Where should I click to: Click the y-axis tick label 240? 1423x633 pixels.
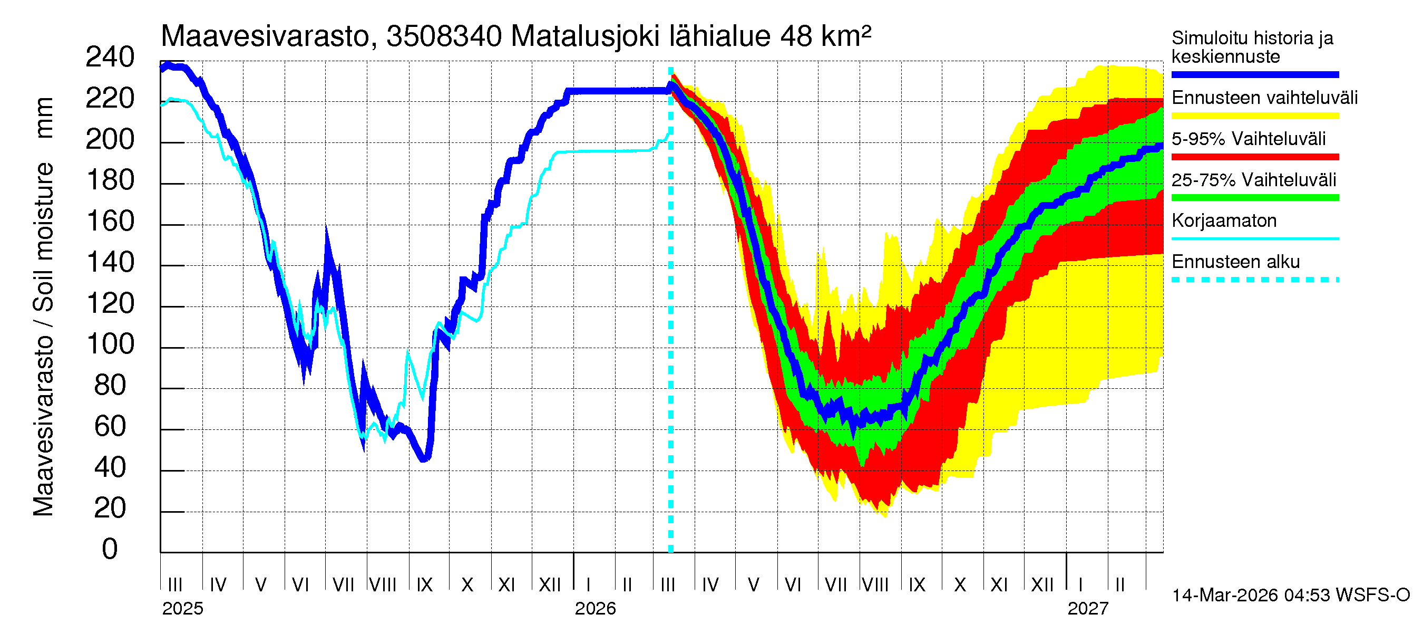point(110,57)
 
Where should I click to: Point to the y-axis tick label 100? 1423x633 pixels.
point(110,344)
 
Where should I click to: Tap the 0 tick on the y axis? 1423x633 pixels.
point(110,550)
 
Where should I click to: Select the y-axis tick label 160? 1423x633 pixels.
point(110,222)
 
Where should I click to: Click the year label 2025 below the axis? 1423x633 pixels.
point(182,609)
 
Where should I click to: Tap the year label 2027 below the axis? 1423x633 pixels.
point(1088,609)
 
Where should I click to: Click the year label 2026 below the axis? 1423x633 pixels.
point(595,609)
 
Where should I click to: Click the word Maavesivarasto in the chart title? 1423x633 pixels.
point(265,37)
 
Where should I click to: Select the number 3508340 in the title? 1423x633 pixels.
point(444,37)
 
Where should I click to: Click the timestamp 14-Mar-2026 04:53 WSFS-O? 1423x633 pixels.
point(1290,596)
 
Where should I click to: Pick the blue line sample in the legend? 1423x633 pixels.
point(1254,74)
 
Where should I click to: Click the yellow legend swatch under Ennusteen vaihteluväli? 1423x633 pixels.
point(1254,116)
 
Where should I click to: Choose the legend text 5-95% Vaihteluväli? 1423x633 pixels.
point(1248,139)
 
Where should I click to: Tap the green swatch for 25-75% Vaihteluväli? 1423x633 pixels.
point(1254,198)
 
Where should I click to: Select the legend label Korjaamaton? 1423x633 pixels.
point(1224,221)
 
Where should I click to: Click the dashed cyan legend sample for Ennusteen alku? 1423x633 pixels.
point(1254,280)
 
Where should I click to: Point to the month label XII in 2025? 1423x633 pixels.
point(549,584)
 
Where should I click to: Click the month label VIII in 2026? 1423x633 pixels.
point(875,584)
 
